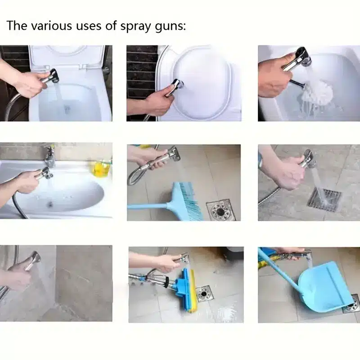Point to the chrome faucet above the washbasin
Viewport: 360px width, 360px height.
49,155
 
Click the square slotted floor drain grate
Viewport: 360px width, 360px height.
324,198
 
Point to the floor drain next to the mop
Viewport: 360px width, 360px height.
203,293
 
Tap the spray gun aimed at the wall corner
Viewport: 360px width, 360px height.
33,261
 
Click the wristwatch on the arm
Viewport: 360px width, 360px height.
261,160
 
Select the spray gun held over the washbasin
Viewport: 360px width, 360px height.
44,172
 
